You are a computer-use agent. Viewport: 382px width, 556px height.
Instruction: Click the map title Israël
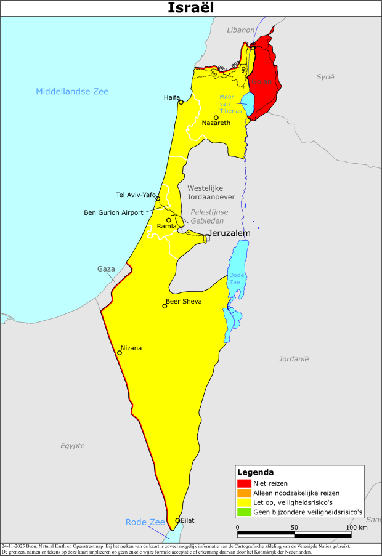coord(191,8)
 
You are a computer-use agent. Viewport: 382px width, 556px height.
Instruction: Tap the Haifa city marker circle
coord(181,102)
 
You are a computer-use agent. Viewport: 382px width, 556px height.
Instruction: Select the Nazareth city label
coord(216,123)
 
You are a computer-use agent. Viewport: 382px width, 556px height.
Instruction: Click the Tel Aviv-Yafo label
coord(136,195)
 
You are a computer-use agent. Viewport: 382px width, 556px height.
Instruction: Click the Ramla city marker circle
coord(168,220)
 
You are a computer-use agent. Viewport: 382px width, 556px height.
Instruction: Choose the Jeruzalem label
coord(230,233)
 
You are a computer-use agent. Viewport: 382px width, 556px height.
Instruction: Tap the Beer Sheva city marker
coord(165,306)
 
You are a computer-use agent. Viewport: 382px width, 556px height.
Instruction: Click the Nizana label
coord(131,348)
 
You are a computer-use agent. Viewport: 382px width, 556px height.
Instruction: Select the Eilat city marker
coord(177,520)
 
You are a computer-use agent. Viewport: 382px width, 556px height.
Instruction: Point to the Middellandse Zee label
coord(72,91)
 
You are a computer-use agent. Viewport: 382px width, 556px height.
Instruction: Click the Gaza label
coord(106,269)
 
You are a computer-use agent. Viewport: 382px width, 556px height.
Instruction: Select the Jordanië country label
coord(293,358)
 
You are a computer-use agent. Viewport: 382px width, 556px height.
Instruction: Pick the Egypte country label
coord(72,445)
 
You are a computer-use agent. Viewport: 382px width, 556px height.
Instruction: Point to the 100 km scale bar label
coord(356,527)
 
